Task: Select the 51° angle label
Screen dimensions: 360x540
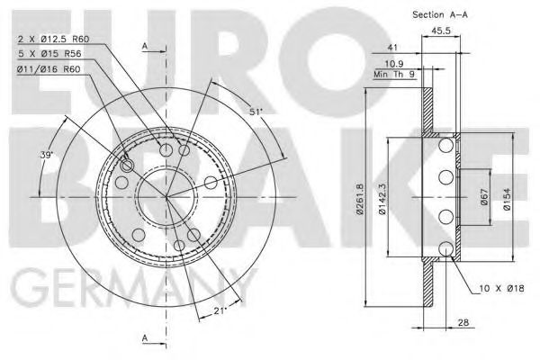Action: (256, 112)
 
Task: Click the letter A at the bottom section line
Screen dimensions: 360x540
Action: (145, 338)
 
